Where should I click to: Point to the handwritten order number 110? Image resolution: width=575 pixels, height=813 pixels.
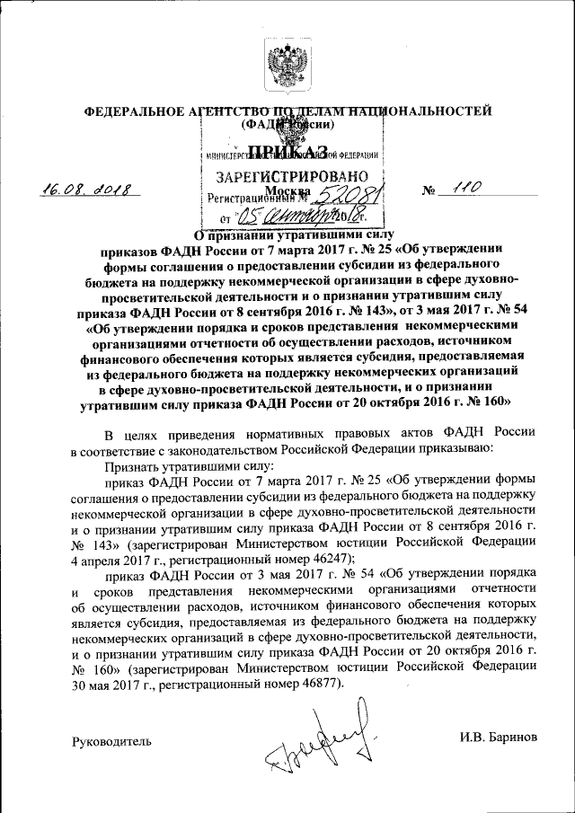[467, 188]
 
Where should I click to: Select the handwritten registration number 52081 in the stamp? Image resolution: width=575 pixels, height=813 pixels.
[324, 193]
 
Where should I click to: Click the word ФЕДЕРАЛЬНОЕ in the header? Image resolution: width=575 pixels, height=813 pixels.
[125, 111]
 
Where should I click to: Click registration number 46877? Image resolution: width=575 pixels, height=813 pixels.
[317, 684]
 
